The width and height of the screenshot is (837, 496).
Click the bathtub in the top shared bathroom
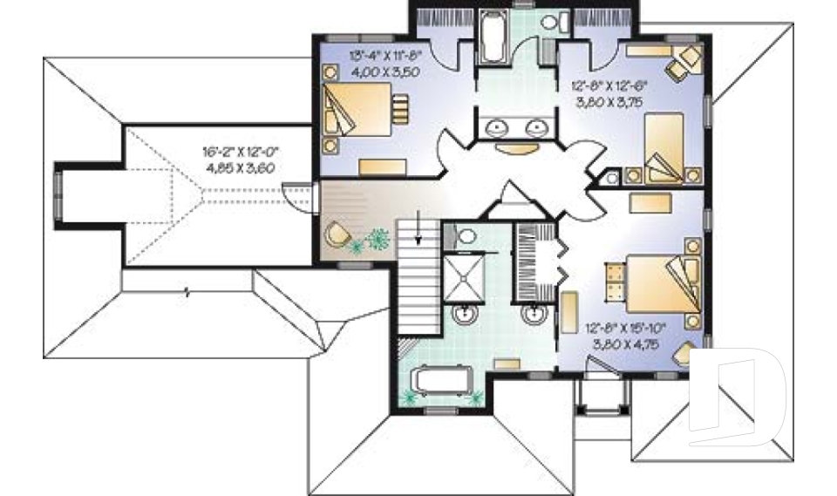[x=492, y=38]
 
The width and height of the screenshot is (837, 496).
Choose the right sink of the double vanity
[x=534, y=129]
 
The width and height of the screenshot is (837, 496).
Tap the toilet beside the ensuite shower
[x=465, y=235]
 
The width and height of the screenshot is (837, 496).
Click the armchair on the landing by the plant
[x=337, y=234]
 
